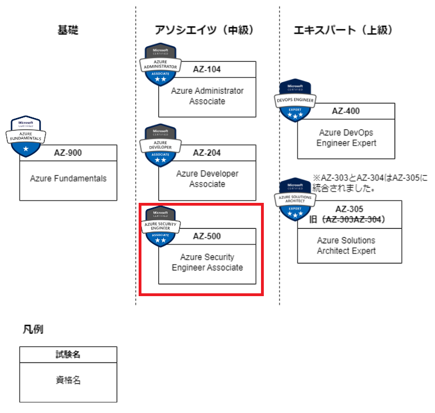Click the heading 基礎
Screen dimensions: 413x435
pyautogui.click(x=67, y=30)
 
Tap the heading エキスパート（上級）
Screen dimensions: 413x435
pyautogui.click(x=343, y=30)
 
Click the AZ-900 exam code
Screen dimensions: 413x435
pyautogui.click(x=68, y=152)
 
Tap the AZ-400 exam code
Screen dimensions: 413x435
pyautogui.click(x=346, y=111)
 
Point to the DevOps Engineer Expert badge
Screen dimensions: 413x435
pyautogui.click(x=296, y=101)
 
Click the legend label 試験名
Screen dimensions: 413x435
pyautogui.click(x=68, y=355)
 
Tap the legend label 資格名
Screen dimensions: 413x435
pyautogui.click(x=68, y=380)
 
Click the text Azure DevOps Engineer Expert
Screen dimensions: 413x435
pyautogui.click(x=346, y=138)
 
